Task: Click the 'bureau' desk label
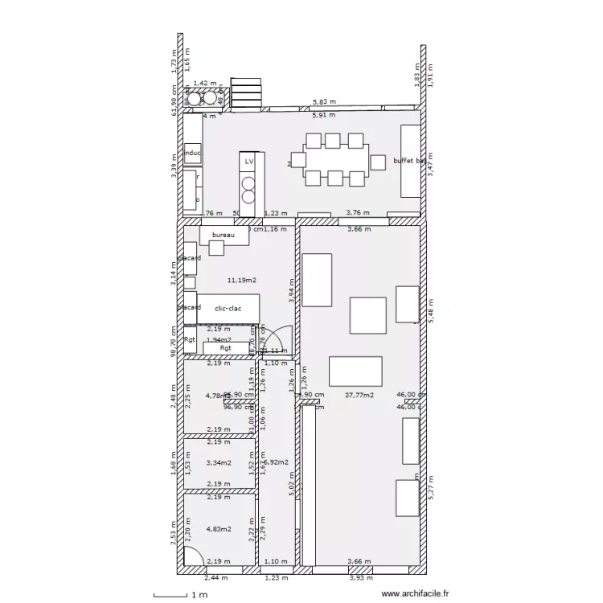(x=223, y=235)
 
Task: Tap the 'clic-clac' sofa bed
(x=228, y=308)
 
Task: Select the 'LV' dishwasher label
(x=249, y=162)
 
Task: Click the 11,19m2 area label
(x=241, y=280)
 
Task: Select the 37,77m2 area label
(x=359, y=395)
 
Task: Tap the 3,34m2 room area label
(x=219, y=462)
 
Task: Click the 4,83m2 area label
(x=219, y=529)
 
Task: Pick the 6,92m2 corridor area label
(x=276, y=462)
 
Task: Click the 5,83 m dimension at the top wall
(x=324, y=103)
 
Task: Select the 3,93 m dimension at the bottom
(x=359, y=577)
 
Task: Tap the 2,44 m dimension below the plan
(x=215, y=577)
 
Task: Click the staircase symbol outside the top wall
(x=247, y=92)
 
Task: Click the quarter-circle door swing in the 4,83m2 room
(x=193, y=556)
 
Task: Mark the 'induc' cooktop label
(x=193, y=152)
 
